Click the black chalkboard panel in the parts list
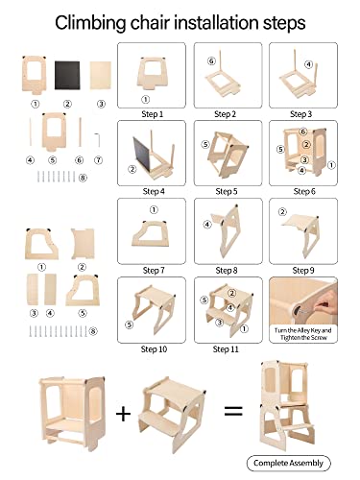pyautogui.click(x=67, y=76)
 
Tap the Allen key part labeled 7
pyautogui.click(x=98, y=140)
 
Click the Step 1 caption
pyautogui.click(x=153, y=114)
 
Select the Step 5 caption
pyautogui.click(x=227, y=192)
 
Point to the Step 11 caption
pyautogui.click(x=226, y=349)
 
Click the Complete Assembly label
pyautogui.click(x=288, y=463)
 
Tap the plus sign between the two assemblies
pyautogui.click(x=123, y=414)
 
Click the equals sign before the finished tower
pyautogui.click(x=233, y=411)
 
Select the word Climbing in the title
pyautogui.click(x=90, y=23)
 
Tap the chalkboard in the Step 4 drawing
pyautogui.click(x=141, y=154)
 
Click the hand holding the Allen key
pyautogui.click(x=325, y=305)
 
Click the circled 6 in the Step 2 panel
pyautogui.click(x=211, y=60)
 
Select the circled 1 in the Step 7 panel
pyautogui.click(x=154, y=210)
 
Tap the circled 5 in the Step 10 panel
pyautogui.click(x=129, y=324)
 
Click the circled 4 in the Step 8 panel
pyautogui.click(x=207, y=225)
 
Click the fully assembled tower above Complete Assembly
pyautogui.click(x=287, y=405)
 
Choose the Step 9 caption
pyautogui.click(x=303, y=271)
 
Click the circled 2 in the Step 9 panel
pyautogui.click(x=282, y=211)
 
